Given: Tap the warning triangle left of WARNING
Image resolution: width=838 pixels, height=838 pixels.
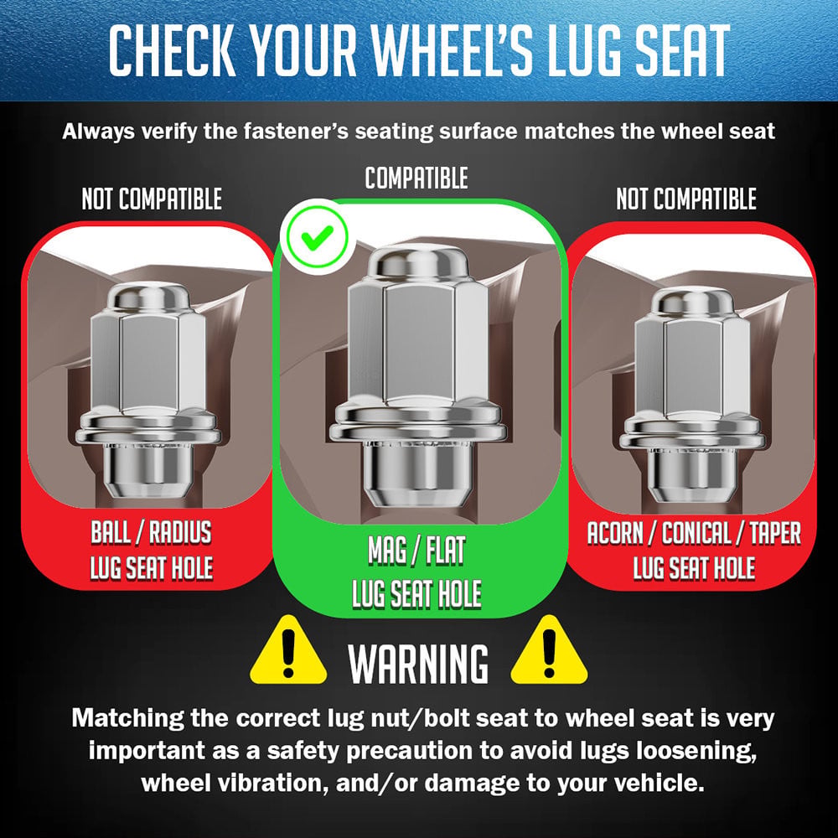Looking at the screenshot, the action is coord(288,650).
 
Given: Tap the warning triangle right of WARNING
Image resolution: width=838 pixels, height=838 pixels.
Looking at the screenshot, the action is coord(549,650).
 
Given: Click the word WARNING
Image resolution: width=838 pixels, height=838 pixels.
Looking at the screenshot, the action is coord(418,663).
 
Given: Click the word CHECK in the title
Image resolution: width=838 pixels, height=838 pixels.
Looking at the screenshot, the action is coord(172,50).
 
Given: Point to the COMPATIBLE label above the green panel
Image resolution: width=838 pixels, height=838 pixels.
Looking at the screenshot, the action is coord(416,178).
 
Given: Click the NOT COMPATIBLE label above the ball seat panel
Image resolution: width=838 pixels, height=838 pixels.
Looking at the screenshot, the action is coord(152,199).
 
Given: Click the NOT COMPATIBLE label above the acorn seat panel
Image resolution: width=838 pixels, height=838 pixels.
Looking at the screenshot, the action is coord(686,199).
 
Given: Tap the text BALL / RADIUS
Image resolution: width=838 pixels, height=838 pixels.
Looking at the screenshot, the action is coord(151,532).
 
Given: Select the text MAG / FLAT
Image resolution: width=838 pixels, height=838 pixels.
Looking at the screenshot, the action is coord(416,551).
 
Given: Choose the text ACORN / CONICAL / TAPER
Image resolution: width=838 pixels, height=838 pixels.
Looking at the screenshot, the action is coord(694,533).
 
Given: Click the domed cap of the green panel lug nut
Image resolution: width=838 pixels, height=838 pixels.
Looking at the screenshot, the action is coord(418,261).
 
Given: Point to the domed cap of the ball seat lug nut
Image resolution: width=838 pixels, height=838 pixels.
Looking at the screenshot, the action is coord(148,297).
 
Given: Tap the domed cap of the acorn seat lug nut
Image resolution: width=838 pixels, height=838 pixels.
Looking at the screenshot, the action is coord(691,301).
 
